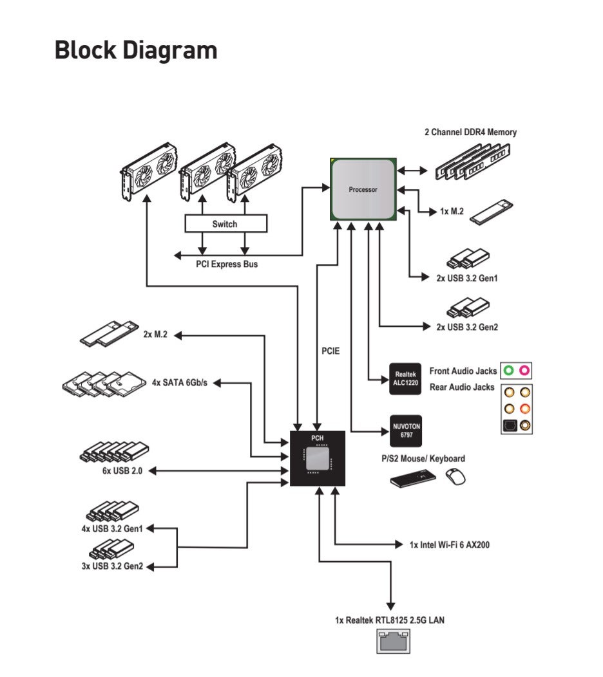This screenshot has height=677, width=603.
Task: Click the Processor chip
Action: [x=363, y=189]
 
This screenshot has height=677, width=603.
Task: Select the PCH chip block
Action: [x=317, y=458]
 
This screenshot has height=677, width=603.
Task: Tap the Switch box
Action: [x=225, y=224]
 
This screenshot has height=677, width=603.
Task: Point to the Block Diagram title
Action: [x=136, y=50]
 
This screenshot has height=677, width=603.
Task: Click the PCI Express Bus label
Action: [x=227, y=264]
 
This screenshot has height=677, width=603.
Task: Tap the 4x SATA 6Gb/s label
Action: [x=180, y=382]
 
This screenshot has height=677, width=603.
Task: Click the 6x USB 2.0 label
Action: [x=118, y=470]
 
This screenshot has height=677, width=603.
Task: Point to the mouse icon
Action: [x=456, y=477]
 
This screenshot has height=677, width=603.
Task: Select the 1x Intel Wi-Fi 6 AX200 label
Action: [x=450, y=545]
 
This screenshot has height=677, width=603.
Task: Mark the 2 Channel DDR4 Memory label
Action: [x=470, y=132]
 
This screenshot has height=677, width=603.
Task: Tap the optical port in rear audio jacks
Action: [x=510, y=425]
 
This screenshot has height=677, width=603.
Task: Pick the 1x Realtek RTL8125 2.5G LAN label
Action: [x=390, y=620]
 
